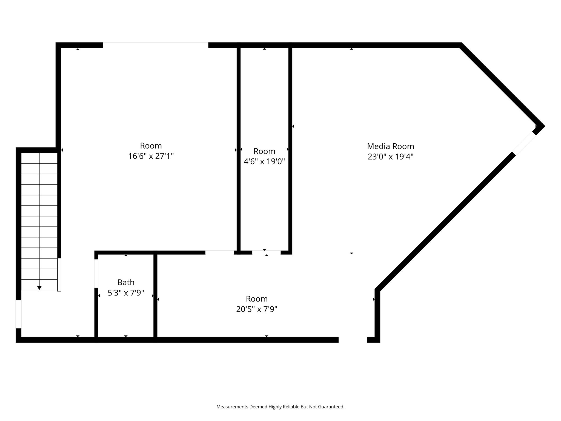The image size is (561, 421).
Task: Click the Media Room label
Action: (x=390, y=146)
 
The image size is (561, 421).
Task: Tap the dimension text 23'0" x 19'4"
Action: (x=390, y=157)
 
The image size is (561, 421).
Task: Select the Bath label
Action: (x=126, y=282)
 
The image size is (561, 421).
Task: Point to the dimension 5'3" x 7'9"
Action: (x=126, y=293)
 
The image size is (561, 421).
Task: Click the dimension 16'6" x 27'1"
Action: (x=151, y=156)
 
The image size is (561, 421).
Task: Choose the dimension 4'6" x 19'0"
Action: (x=264, y=161)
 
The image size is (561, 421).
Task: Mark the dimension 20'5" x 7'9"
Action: (x=257, y=309)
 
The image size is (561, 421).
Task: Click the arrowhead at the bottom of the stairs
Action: (x=39, y=288)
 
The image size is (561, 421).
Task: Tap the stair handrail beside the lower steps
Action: (x=59, y=275)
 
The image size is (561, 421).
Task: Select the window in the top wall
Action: (x=156, y=45)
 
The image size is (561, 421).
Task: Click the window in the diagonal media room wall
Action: (x=524, y=144)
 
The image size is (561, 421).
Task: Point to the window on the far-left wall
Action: (x=18, y=314)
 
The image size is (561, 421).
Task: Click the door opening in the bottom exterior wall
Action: (x=353, y=340)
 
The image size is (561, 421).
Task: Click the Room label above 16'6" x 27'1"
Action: (x=151, y=146)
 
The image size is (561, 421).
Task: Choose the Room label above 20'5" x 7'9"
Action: (x=257, y=299)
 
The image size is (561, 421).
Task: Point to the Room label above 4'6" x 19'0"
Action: (x=264, y=151)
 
